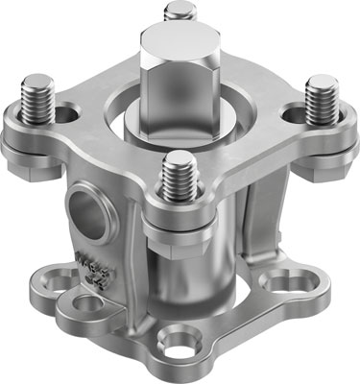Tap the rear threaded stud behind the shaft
coord(179,13)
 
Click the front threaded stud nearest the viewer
coord(180,176)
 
